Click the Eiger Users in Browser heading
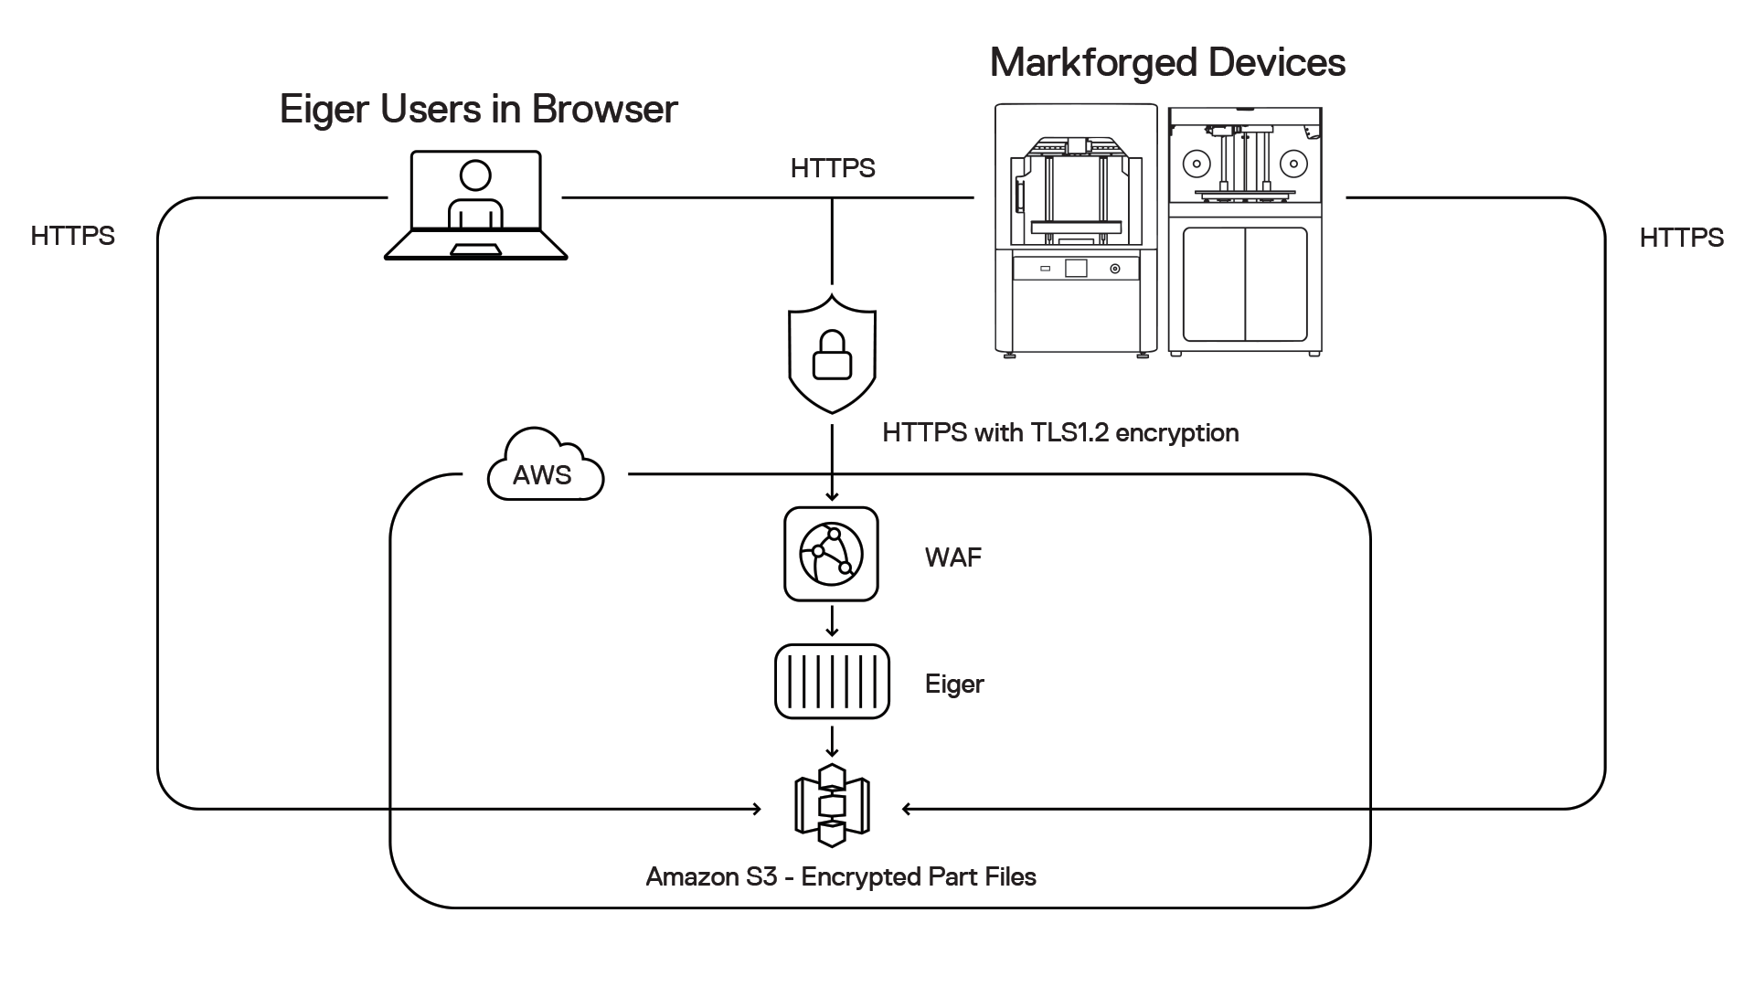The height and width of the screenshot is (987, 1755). click(x=478, y=110)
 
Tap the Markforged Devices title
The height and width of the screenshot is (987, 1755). click(x=1167, y=63)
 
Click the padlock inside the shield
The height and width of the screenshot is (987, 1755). click(x=832, y=356)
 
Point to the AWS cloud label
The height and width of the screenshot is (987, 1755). click(x=543, y=472)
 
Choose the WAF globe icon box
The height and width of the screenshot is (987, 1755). click(x=831, y=554)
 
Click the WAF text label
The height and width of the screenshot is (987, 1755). click(x=952, y=557)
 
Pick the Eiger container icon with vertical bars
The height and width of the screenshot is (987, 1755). click(x=832, y=682)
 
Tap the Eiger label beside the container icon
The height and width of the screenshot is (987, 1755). click(x=954, y=685)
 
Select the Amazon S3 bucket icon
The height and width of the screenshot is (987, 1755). click(x=832, y=805)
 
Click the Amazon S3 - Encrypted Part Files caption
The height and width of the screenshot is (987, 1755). click(x=841, y=877)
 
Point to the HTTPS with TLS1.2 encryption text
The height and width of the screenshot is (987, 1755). click(x=1060, y=433)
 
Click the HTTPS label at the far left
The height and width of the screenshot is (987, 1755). click(x=73, y=236)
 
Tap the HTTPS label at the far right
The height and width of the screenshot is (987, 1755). click(x=1681, y=238)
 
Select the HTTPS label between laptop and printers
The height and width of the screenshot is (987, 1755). click(x=833, y=169)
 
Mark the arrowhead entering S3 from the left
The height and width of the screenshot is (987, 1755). click(x=756, y=809)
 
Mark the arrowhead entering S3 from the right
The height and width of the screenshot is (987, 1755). click(x=907, y=809)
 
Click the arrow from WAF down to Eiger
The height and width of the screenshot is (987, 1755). click(x=832, y=622)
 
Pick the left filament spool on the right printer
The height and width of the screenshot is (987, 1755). click(x=1197, y=164)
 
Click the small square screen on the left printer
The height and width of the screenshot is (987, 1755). click(x=1076, y=268)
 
